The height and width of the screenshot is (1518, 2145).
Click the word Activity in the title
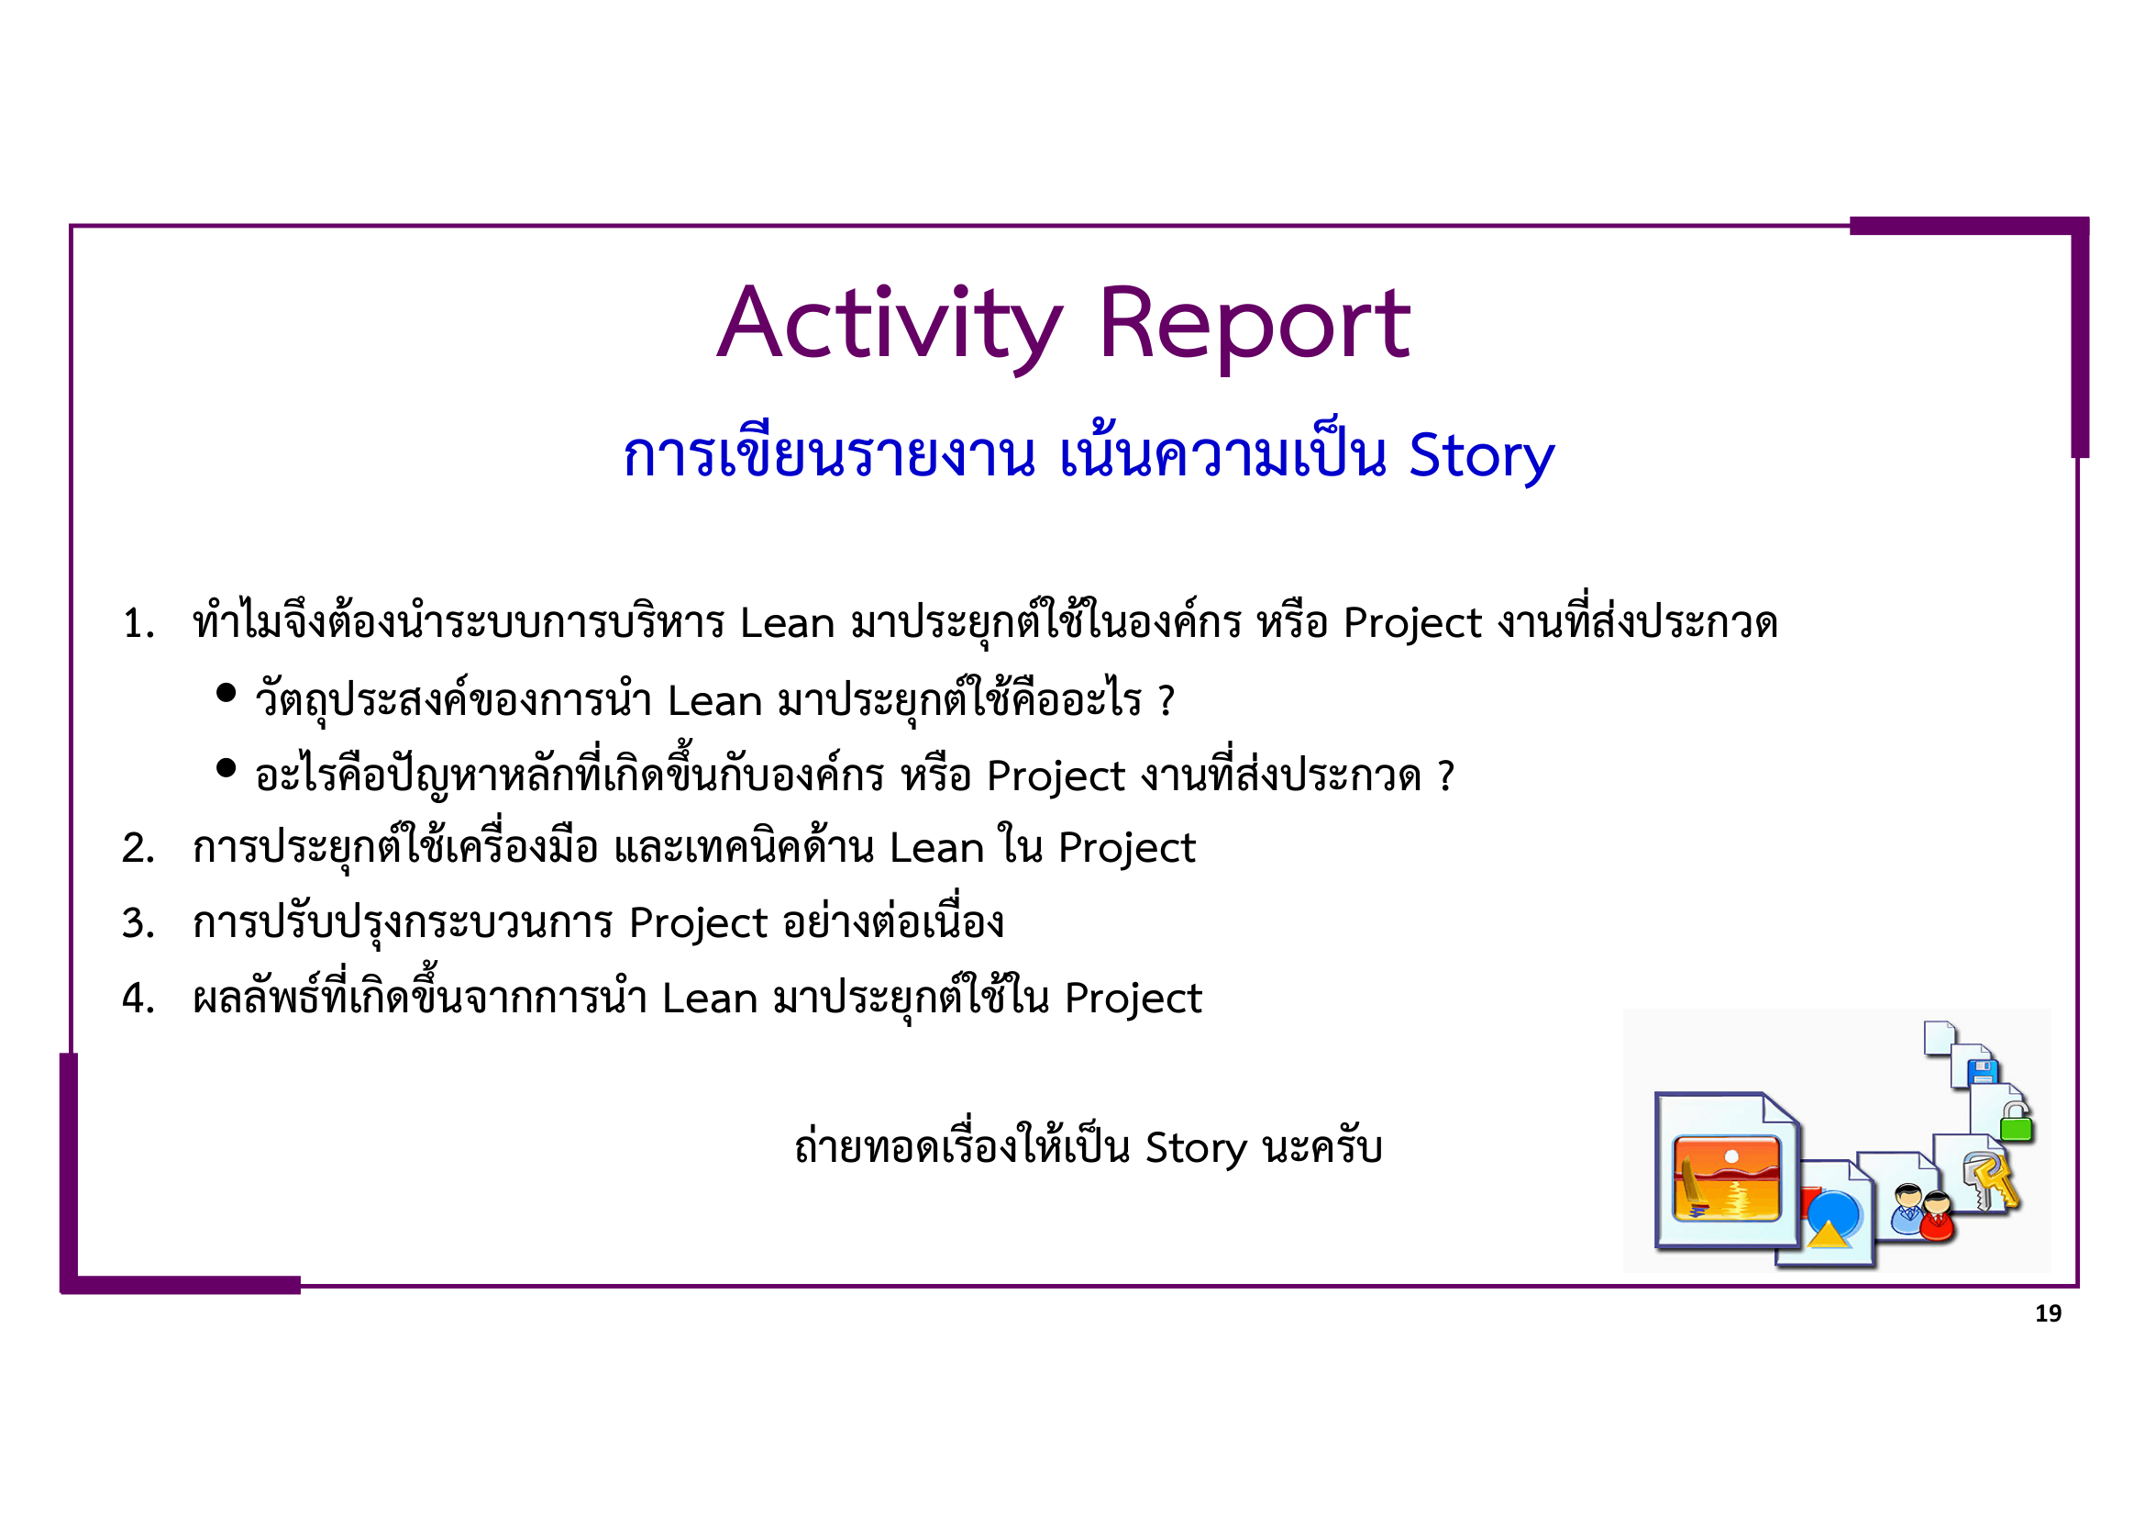(890, 324)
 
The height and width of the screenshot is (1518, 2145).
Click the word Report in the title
(1254, 324)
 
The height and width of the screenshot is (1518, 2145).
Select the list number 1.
(138, 624)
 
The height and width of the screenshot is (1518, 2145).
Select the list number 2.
(138, 849)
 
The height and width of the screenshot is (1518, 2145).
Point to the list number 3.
(138, 923)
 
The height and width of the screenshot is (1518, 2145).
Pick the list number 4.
(138, 999)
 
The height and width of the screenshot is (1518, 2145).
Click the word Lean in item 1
(787, 623)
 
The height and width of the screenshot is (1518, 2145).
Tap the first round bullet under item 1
(226, 693)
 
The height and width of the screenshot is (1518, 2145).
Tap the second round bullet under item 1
(226, 768)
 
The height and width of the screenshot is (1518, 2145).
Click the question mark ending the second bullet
(1445, 776)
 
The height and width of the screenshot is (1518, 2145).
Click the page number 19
(2048, 1314)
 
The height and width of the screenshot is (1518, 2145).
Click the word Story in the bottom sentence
(1196, 1148)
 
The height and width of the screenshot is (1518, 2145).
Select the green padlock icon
(2016, 1124)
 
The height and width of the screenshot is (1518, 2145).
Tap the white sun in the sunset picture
(1731, 1157)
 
